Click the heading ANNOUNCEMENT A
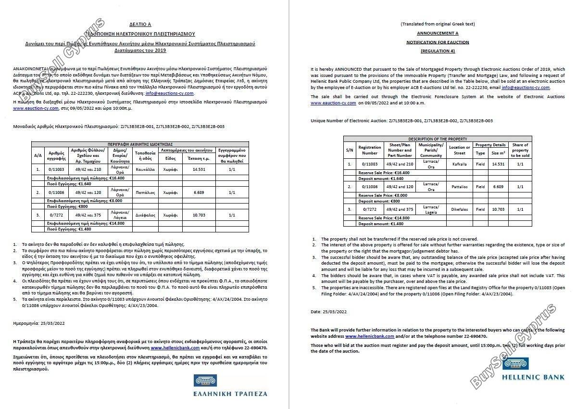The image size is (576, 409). click(437, 33)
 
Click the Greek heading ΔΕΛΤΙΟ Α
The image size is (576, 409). click(140, 24)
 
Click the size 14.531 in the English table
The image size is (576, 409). click(498, 164)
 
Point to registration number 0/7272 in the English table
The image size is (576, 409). click(369, 210)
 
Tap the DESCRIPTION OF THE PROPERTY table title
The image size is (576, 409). click(437, 139)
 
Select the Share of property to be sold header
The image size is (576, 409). click(520, 150)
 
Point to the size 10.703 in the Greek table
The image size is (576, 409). click(198, 215)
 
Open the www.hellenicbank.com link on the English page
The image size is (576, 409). click(369, 336)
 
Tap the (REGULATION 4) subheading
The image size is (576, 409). click(437, 51)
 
